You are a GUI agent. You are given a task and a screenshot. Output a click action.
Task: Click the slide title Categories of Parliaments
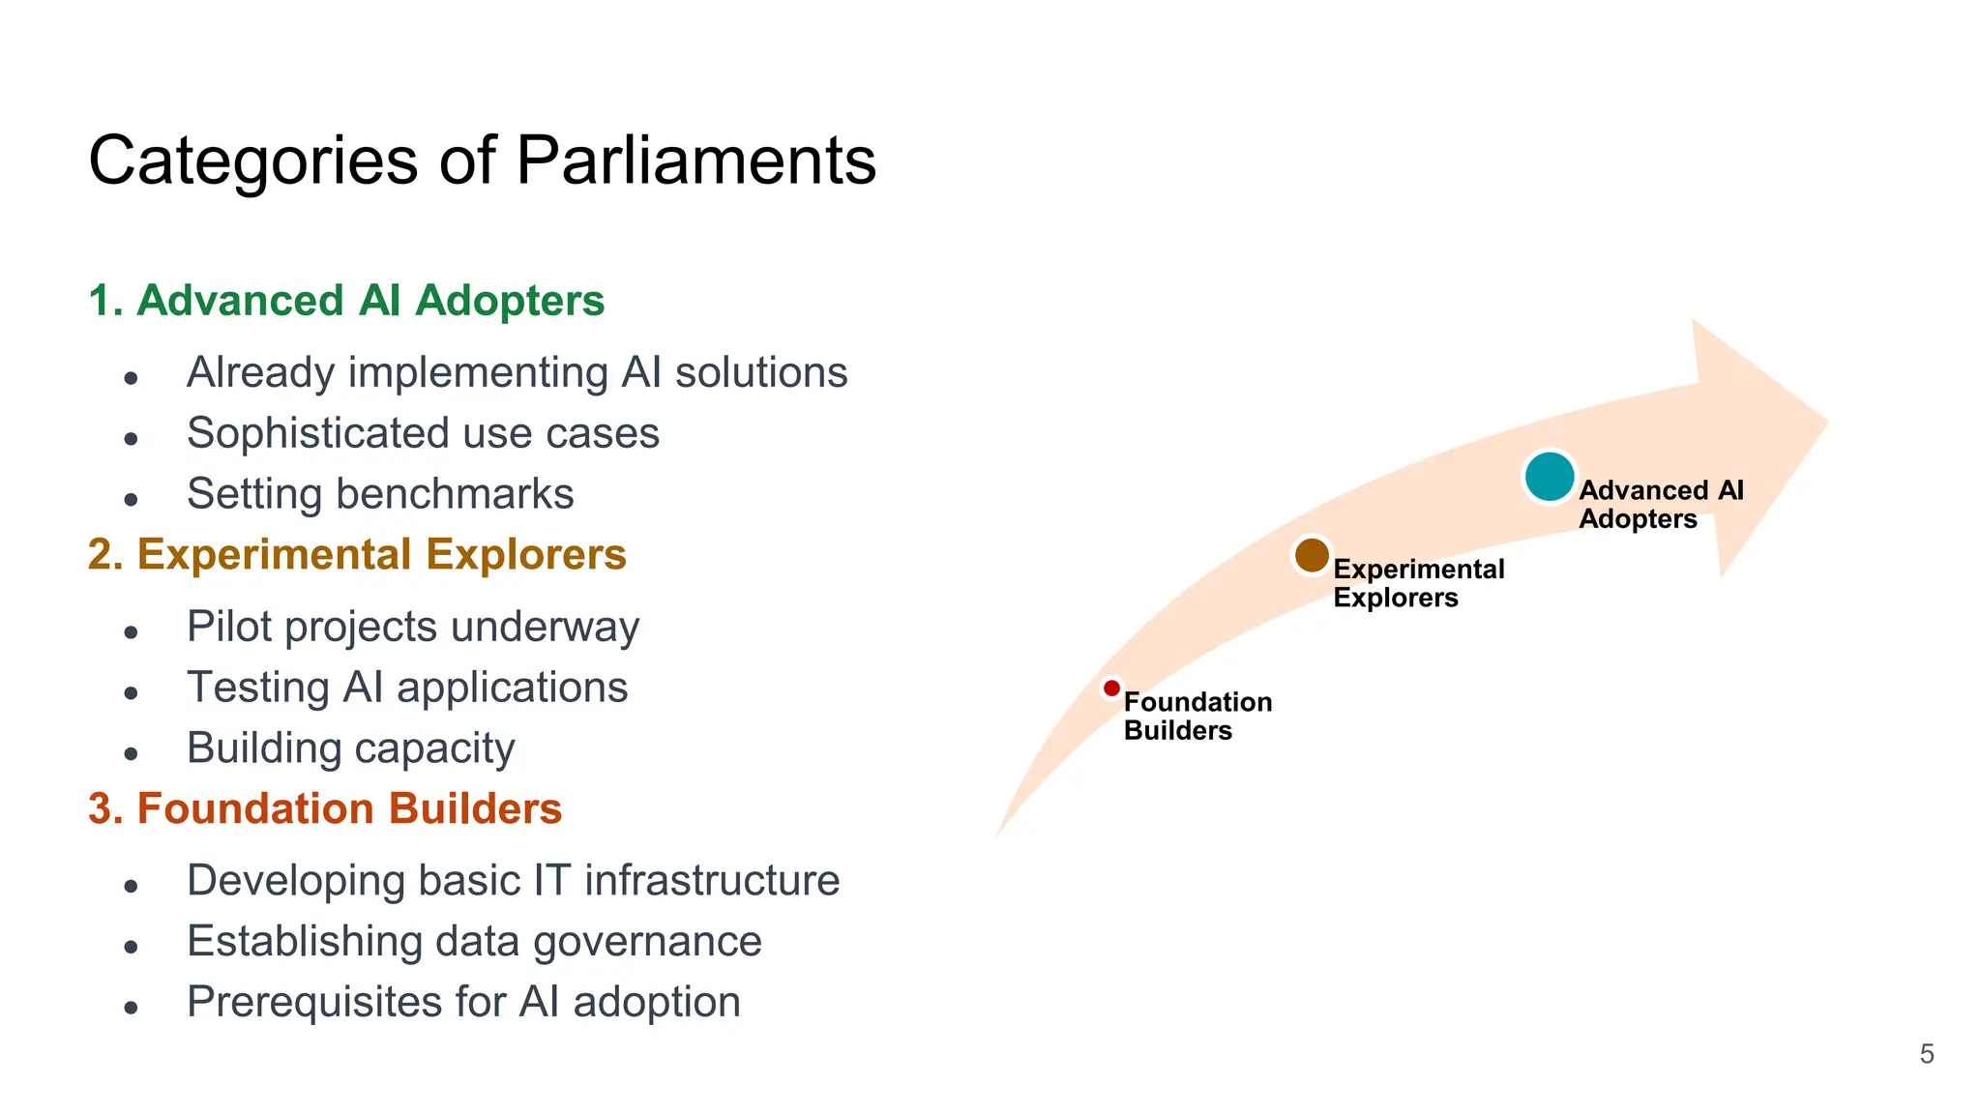(x=482, y=161)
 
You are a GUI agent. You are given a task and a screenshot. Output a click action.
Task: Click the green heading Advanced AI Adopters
(x=346, y=301)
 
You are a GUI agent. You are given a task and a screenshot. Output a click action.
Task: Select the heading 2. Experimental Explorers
(x=357, y=555)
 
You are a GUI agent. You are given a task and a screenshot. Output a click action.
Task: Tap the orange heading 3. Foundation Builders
(x=325, y=808)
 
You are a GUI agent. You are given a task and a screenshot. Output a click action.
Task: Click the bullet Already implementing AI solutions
(x=517, y=373)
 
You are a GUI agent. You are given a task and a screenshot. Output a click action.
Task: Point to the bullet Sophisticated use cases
(x=423, y=433)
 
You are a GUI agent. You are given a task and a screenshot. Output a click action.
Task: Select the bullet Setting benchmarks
(x=380, y=494)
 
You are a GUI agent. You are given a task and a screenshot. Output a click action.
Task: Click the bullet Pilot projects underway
(x=413, y=627)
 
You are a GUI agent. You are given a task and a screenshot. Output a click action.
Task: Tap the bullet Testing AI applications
(x=407, y=688)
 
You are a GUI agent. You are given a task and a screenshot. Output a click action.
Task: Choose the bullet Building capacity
(x=350, y=748)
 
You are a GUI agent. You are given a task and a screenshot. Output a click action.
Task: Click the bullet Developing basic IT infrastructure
(x=513, y=881)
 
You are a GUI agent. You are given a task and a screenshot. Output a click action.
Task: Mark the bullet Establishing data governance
(x=474, y=942)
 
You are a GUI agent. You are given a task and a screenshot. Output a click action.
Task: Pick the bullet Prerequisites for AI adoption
(x=463, y=1002)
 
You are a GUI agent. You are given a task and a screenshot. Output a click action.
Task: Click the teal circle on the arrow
(x=1549, y=477)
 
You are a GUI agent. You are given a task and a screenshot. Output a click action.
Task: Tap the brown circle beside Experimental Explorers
(x=1312, y=555)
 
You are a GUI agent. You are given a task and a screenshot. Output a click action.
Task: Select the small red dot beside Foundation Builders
(x=1111, y=689)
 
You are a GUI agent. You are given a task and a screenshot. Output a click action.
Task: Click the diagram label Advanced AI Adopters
(x=1660, y=504)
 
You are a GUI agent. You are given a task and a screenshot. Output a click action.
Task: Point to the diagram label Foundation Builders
(x=1197, y=716)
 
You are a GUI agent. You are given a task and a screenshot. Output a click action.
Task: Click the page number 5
(x=1926, y=1054)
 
